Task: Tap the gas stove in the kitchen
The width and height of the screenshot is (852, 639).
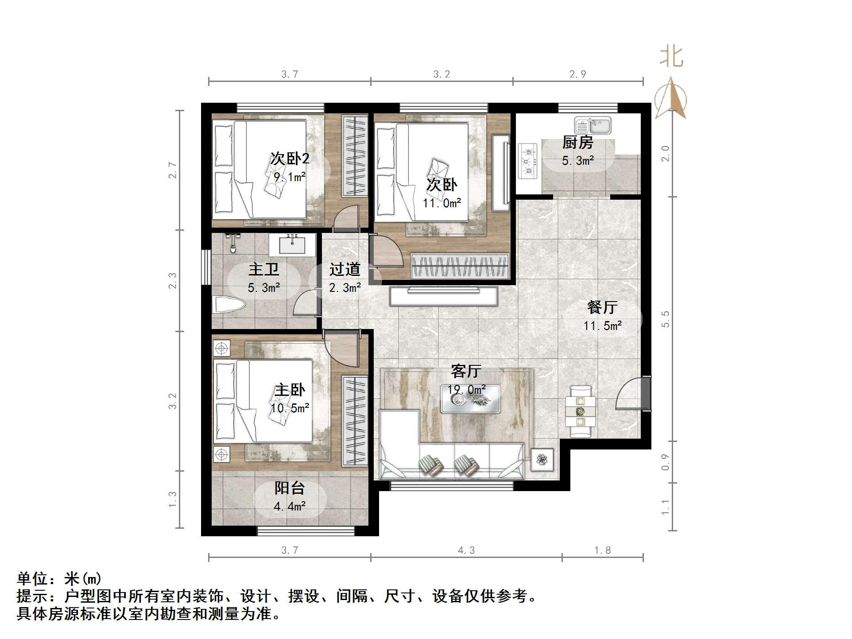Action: point(527,160)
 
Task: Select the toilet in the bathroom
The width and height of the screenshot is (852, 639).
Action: point(228,306)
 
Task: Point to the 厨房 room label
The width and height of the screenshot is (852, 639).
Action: point(577,143)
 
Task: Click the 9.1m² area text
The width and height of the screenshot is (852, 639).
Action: point(290,177)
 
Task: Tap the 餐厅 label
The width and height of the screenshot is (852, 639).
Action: point(602,307)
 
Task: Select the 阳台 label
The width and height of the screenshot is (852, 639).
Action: point(290,488)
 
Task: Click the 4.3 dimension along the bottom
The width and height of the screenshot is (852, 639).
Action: point(466,550)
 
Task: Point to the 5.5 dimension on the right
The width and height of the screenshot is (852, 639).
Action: point(665,319)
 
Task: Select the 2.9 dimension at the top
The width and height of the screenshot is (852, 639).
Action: point(577,74)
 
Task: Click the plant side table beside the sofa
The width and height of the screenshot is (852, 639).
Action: point(542,460)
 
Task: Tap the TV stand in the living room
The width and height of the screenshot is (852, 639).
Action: point(443,296)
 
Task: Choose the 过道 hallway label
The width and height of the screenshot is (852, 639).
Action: point(345,269)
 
